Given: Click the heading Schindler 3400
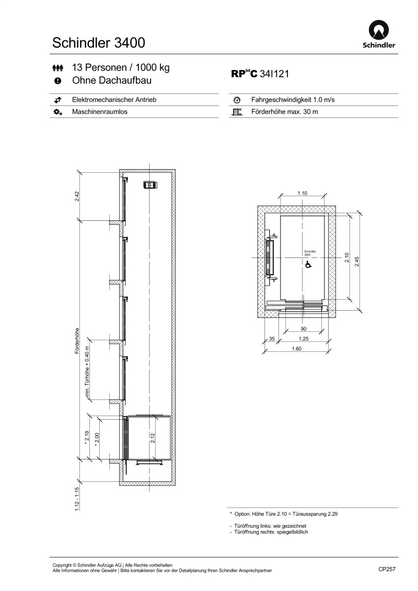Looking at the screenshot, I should [99, 42].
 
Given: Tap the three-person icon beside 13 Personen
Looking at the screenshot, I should [57, 68].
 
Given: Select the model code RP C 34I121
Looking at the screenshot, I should [260, 74].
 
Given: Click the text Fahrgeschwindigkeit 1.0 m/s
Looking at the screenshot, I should [293, 100].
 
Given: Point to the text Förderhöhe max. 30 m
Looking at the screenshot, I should [285, 112].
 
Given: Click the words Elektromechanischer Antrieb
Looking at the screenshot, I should [114, 100].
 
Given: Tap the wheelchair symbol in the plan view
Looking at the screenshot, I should [308, 265].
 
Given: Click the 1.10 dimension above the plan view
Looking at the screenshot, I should [302, 193].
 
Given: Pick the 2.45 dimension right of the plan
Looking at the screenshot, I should [357, 261].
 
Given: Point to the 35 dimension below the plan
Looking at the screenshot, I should [271, 339].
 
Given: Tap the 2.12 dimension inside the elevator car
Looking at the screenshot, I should [153, 438].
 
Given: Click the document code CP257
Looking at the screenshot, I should [387, 570].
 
